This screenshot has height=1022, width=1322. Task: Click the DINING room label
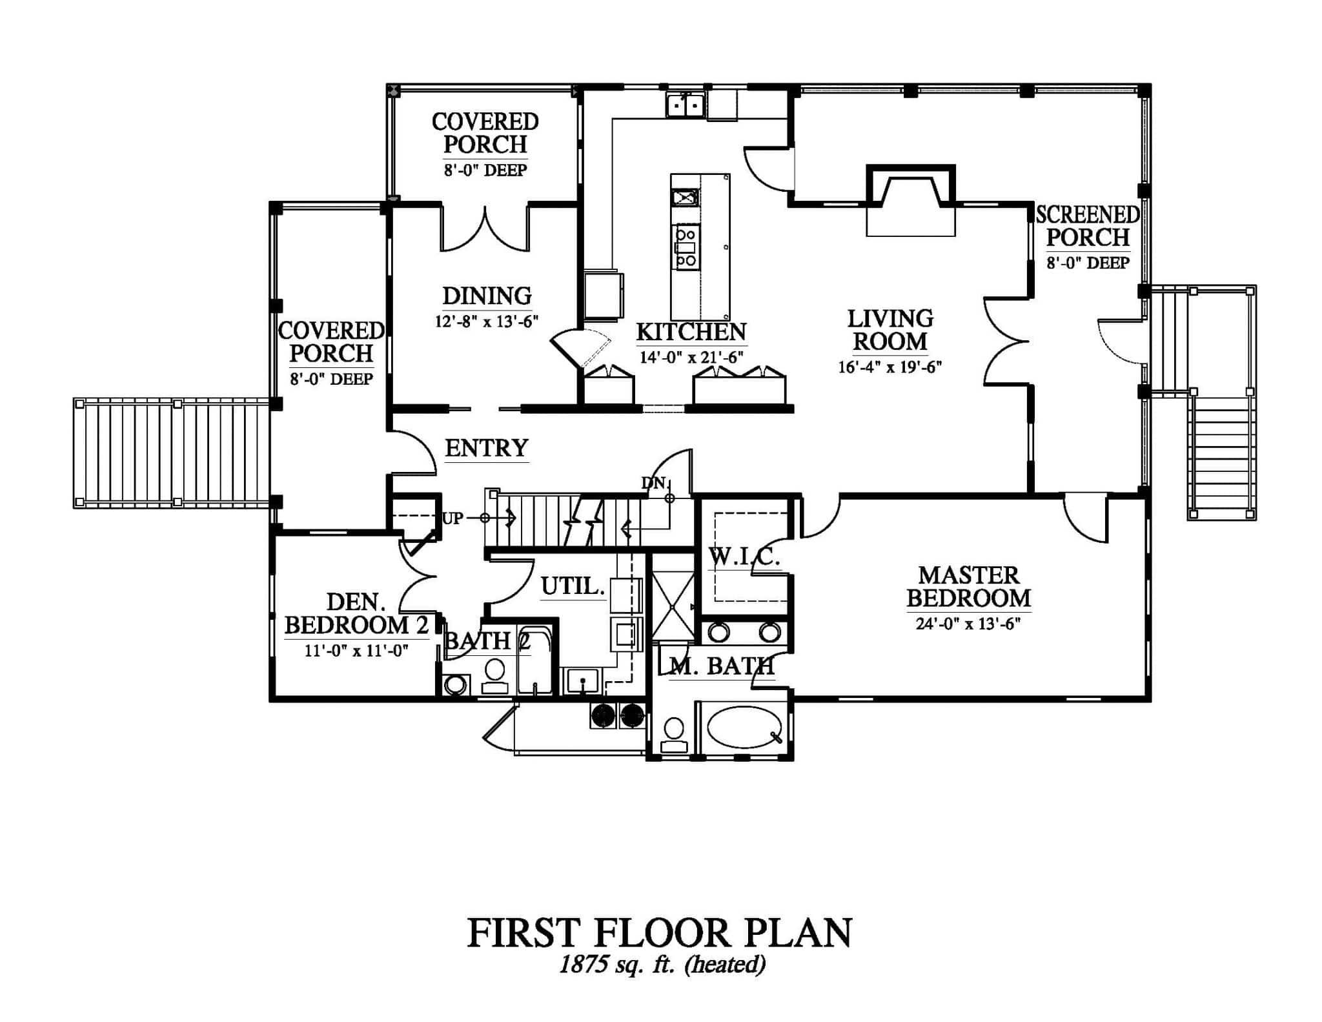[x=487, y=296]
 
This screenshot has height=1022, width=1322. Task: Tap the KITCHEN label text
[x=691, y=332]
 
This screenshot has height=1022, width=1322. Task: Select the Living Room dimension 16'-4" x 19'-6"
[x=890, y=367]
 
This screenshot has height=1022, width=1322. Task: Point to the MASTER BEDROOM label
[x=968, y=587]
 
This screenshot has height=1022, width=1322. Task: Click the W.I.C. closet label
[x=744, y=557]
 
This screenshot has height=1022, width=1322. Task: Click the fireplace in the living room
[x=910, y=200]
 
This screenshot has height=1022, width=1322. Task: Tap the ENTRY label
[x=487, y=448]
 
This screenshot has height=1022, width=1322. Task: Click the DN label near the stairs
[x=653, y=482]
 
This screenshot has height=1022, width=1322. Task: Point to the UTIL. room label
[x=573, y=587]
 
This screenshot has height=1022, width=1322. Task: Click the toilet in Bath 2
[x=495, y=675]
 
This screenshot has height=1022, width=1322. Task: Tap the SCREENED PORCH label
[x=1088, y=226]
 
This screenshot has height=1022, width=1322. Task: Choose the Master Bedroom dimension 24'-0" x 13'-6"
[x=968, y=624]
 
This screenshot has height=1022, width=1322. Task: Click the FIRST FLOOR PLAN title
[x=660, y=934]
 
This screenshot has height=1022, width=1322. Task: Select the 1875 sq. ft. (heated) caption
[x=662, y=965]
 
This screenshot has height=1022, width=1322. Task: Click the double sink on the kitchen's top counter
[x=686, y=105]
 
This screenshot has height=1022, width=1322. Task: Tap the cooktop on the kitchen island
[x=686, y=247]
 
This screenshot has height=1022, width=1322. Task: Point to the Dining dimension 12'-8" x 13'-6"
[x=487, y=322]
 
